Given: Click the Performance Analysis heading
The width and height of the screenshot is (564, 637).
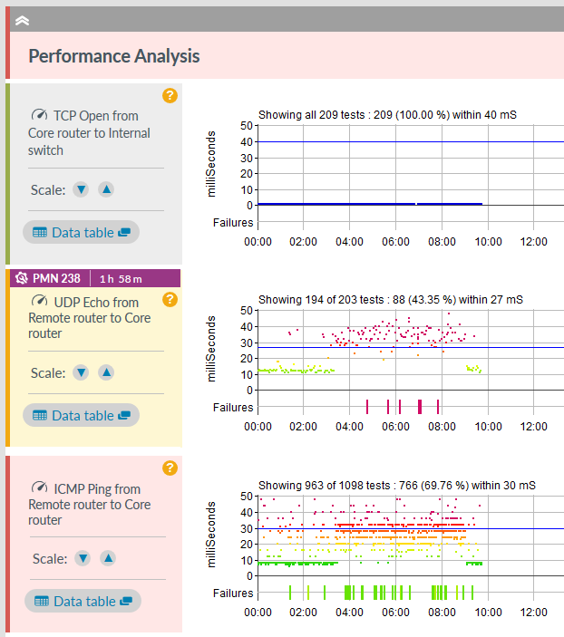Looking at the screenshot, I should (114, 56).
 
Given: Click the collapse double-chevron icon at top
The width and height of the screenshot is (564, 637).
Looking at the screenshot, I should (23, 19).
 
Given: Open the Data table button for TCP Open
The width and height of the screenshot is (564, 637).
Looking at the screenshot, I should (82, 232).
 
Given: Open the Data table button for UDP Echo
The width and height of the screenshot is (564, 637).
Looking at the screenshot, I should (82, 415).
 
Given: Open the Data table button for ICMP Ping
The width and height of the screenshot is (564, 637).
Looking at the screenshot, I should (83, 601).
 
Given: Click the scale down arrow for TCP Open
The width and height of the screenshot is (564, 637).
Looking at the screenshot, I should (81, 189).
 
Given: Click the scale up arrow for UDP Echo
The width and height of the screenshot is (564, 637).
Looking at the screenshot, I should (106, 372).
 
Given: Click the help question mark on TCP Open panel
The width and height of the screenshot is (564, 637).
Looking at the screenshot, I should (170, 95).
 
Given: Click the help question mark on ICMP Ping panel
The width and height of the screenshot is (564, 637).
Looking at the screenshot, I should (170, 468).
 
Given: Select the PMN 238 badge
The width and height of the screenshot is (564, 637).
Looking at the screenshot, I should (49, 278).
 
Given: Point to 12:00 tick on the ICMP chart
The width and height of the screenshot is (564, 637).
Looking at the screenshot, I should (533, 612).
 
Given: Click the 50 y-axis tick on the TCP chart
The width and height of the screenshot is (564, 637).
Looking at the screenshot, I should (245, 126).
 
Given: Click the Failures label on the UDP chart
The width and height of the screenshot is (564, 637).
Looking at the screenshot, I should (233, 407).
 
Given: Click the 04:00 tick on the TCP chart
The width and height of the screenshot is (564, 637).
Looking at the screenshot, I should (350, 241).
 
